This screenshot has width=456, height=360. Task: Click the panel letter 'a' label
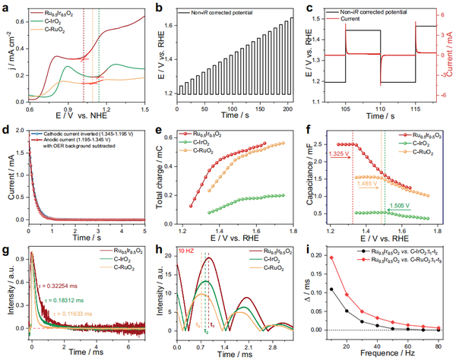point(6,7)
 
